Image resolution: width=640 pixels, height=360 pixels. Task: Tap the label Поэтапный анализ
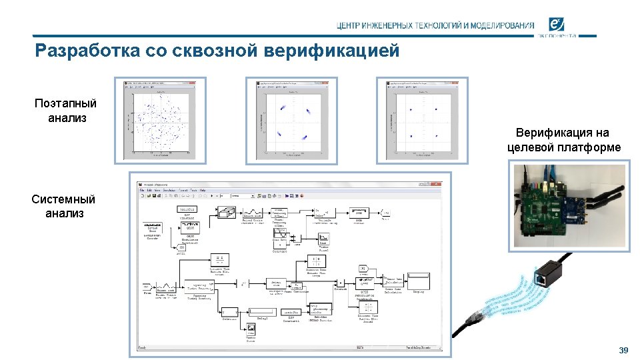coord(66,111)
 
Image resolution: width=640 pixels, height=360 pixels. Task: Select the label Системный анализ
coord(64,206)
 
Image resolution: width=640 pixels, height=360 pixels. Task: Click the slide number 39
coord(623,351)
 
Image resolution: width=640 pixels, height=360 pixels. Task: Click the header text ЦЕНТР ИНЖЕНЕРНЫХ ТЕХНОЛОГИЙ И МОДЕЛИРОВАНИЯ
coord(435,26)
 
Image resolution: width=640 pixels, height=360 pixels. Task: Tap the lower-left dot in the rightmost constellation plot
coord(411,136)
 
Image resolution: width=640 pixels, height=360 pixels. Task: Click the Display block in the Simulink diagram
coord(419,277)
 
